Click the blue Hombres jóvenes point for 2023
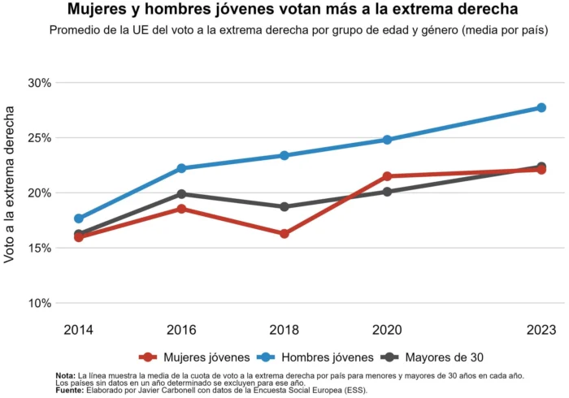tap(541, 107)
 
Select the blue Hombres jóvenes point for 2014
tap(79, 218)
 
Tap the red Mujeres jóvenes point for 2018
tap(284, 234)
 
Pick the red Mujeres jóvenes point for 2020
tap(387, 176)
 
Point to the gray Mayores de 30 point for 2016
tap(181, 194)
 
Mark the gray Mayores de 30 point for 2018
tap(284, 206)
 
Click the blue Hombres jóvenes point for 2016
tap(181, 168)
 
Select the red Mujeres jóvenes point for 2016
tap(181, 209)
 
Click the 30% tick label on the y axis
tap(39, 83)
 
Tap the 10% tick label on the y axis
tap(39, 304)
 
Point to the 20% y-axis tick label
tap(39, 193)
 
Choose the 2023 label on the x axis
tap(541, 330)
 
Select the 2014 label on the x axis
tap(79, 330)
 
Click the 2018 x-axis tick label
tap(284, 330)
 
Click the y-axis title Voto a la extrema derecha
tap(11, 193)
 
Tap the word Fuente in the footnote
tap(70, 390)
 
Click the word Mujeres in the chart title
tap(98, 11)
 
